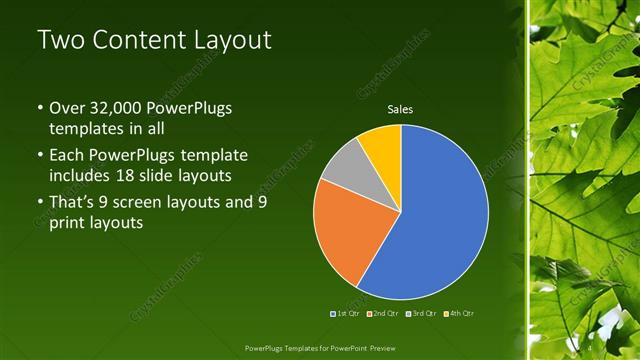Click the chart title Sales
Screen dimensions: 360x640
coord(400,110)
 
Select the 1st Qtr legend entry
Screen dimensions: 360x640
coord(346,313)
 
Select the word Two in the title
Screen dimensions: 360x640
coord(60,41)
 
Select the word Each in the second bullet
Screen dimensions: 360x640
coord(67,156)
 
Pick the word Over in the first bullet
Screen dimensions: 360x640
coord(68,108)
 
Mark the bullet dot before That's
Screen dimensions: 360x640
coord(39,203)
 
